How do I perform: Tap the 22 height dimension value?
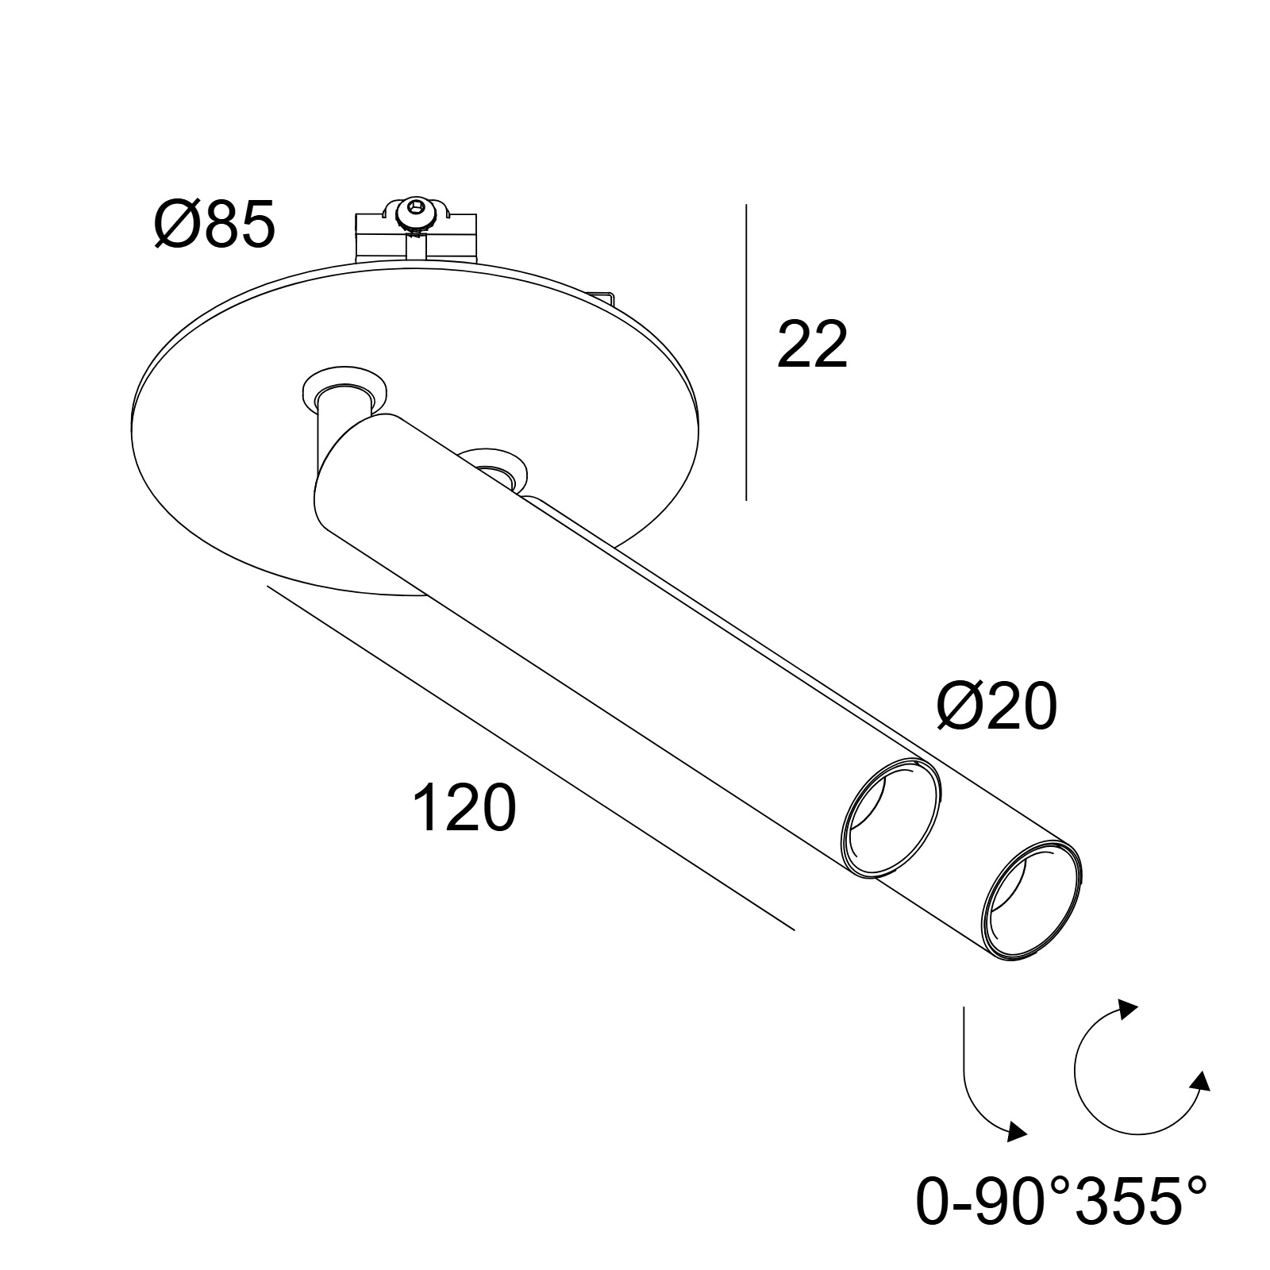click(x=812, y=344)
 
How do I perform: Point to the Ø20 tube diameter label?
click(x=997, y=707)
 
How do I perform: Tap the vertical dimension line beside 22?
click(x=746, y=352)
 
